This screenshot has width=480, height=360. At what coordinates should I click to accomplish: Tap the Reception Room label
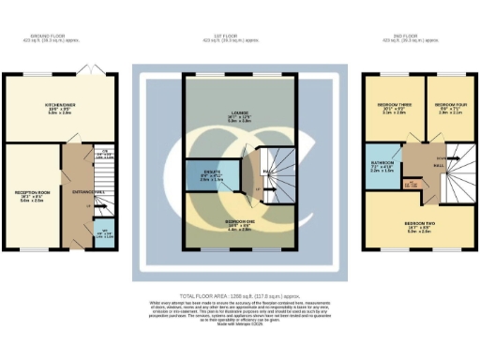point(30,194)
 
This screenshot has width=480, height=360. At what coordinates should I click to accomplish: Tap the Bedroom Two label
point(418,225)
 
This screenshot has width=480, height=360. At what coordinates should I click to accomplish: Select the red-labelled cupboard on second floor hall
point(410,185)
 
